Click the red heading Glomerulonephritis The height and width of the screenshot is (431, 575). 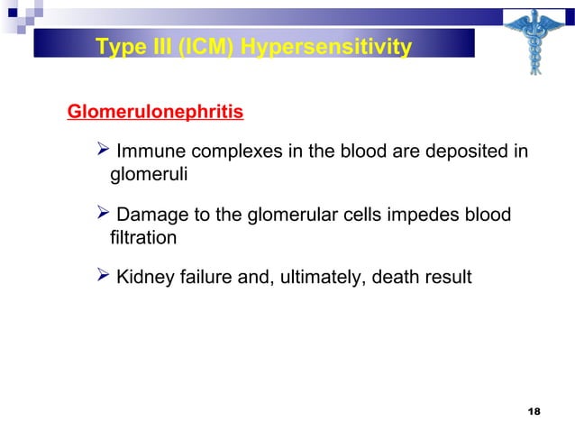(x=155, y=113)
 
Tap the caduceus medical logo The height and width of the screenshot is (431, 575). (x=530, y=43)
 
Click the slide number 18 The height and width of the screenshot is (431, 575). (x=533, y=411)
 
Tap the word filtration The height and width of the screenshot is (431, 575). (x=143, y=239)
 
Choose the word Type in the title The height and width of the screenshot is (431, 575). (x=116, y=47)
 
